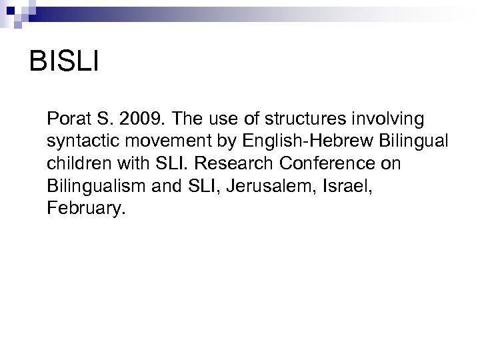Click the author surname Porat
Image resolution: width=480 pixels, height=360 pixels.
pos(69,119)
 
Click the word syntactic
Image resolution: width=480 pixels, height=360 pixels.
pos(79,142)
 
